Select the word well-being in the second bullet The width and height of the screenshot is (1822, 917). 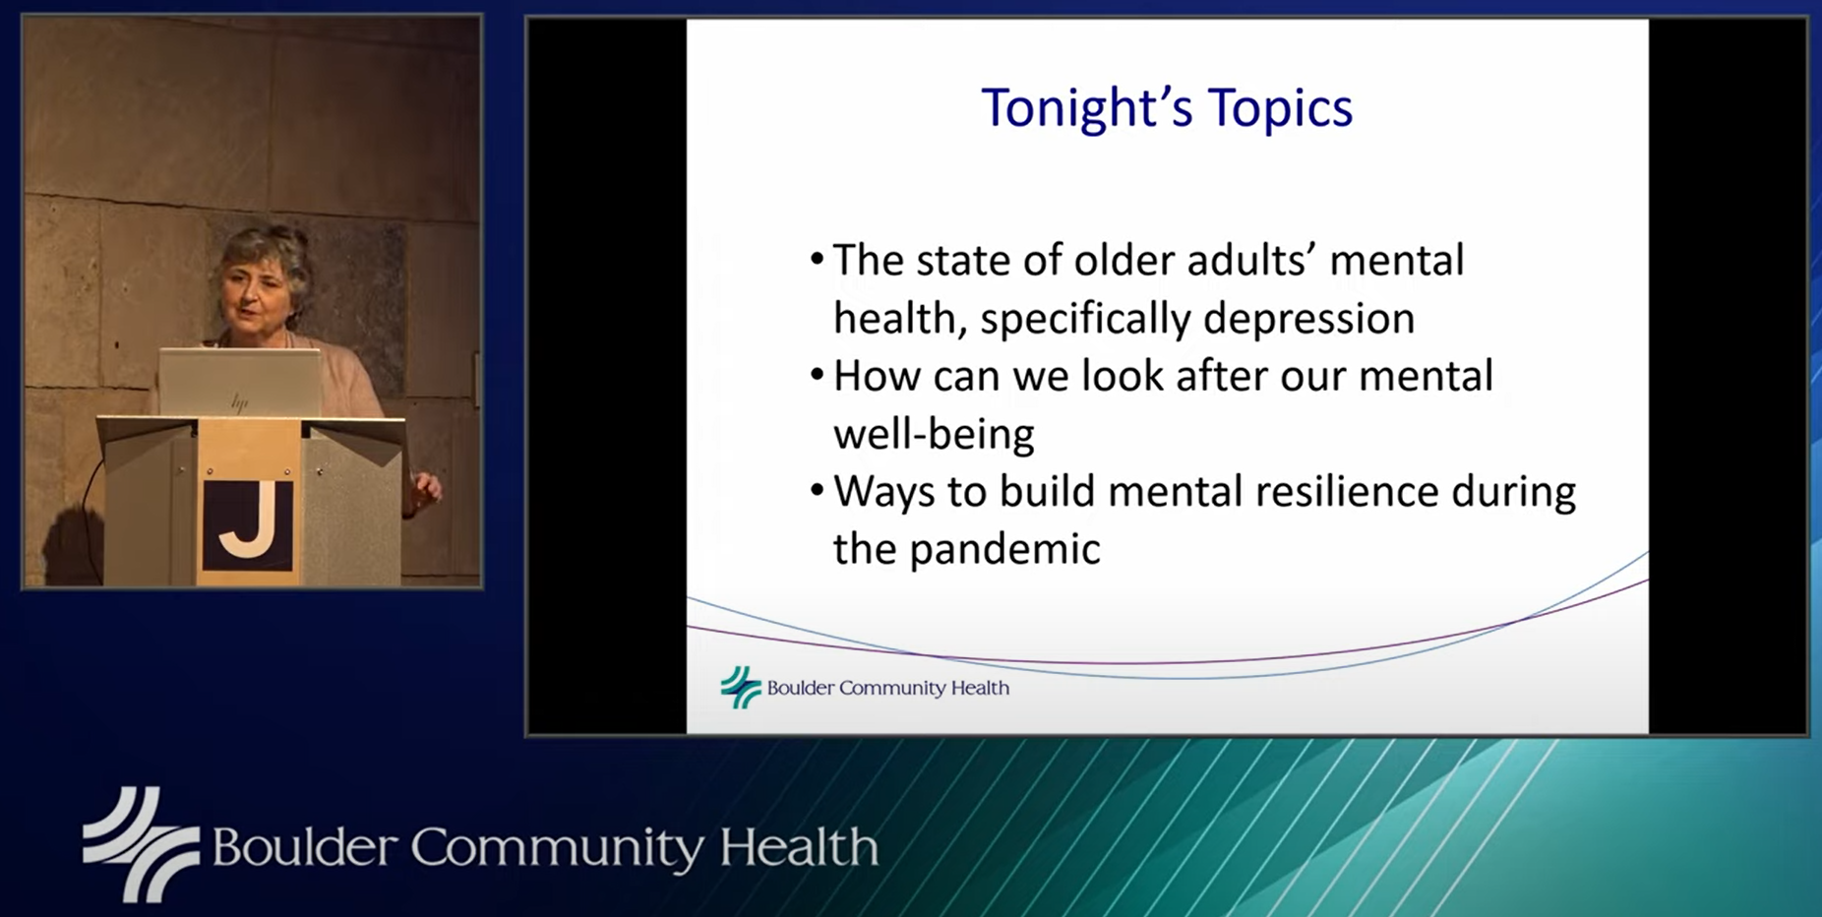pyautogui.click(x=934, y=434)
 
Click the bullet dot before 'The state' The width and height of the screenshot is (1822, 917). pyautogui.click(x=817, y=261)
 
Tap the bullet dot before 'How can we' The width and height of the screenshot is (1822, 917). pyautogui.click(x=817, y=376)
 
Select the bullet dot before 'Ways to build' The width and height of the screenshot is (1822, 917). pyautogui.click(x=817, y=491)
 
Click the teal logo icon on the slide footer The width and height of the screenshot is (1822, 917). pyautogui.click(x=741, y=687)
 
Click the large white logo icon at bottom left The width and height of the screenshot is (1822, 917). pyautogui.click(x=141, y=844)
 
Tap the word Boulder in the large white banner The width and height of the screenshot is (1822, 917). pyautogui.click(x=304, y=847)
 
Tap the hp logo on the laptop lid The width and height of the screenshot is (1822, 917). pyautogui.click(x=239, y=402)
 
